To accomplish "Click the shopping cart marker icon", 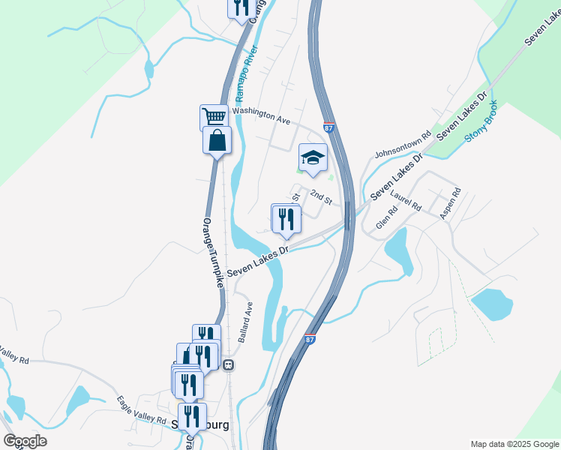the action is [x=214, y=117].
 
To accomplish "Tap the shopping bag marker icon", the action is [x=217, y=139].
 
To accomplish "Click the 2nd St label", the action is [x=321, y=197].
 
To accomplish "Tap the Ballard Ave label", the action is [x=246, y=322].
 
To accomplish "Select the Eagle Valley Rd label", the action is [x=142, y=411].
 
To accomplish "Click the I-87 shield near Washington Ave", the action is [x=329, y=128].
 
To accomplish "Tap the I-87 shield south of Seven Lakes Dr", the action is [x=310, y=340].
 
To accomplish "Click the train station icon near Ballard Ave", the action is [x=228, y=364].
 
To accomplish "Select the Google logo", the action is [x=25, y=441].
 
